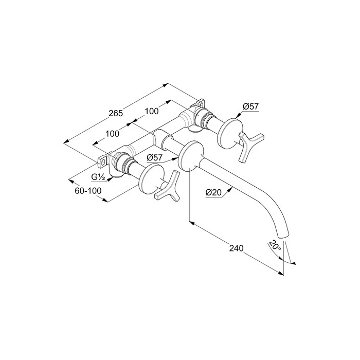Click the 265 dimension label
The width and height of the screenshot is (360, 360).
tap(116, 113)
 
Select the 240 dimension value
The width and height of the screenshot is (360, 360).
tap(236, 248)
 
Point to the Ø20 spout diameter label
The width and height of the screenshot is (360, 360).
tap(213, 192)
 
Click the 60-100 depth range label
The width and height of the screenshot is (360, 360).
tap(88, 191)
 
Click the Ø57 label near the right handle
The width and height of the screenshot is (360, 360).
tap(250, 106)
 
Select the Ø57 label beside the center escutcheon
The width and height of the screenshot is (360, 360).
tap(154, 157)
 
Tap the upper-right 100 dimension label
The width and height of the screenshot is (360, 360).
tap(152, 111)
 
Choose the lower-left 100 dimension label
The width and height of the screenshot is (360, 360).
tap(112, 133)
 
